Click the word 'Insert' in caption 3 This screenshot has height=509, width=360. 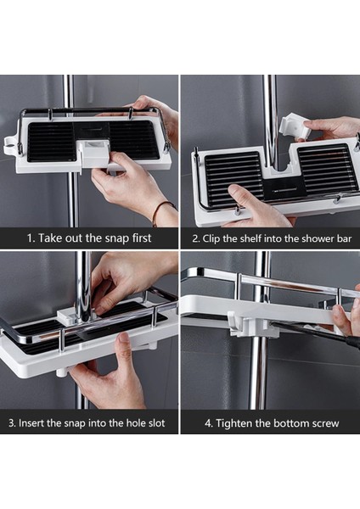31,423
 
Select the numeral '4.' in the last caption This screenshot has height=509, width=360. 209,423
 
